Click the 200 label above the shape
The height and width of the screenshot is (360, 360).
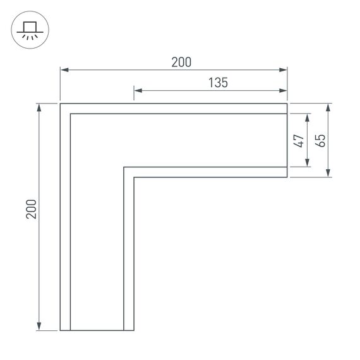point(181,62)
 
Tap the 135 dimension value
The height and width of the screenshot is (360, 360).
point(217,82)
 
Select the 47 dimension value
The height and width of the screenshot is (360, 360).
point(299,141)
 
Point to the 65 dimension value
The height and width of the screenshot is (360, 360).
point(320,140)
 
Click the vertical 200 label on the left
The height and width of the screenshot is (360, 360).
point(32,209)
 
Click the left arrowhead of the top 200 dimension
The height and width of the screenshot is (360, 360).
point(63,70)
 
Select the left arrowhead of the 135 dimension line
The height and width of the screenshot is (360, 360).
point(138,90)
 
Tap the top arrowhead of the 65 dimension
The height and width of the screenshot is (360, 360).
point(328,106)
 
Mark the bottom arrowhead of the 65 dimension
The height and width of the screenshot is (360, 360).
point(328,174)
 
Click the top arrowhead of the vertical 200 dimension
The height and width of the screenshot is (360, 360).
point(40,106)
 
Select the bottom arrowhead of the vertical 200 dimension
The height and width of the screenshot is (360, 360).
point(40,327)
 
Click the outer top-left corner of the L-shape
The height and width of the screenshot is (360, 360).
point(60,103)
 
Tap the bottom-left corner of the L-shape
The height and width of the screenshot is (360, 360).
point(60,330)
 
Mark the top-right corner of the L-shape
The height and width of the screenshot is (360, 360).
point(287,103)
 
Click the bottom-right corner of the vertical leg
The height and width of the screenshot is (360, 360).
point(134,330)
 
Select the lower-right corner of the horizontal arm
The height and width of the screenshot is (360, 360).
point(287,177)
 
